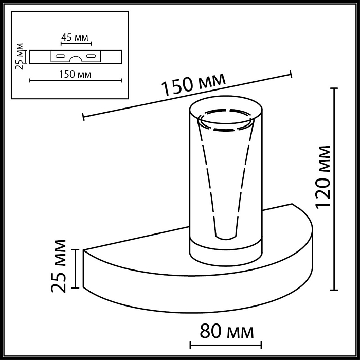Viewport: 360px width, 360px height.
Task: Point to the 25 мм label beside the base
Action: [60, 265]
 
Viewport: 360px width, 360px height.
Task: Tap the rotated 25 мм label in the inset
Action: [20, 57]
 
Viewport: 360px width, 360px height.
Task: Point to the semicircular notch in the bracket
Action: [76, 58]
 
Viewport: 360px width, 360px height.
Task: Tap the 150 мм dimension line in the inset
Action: [76, 80]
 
